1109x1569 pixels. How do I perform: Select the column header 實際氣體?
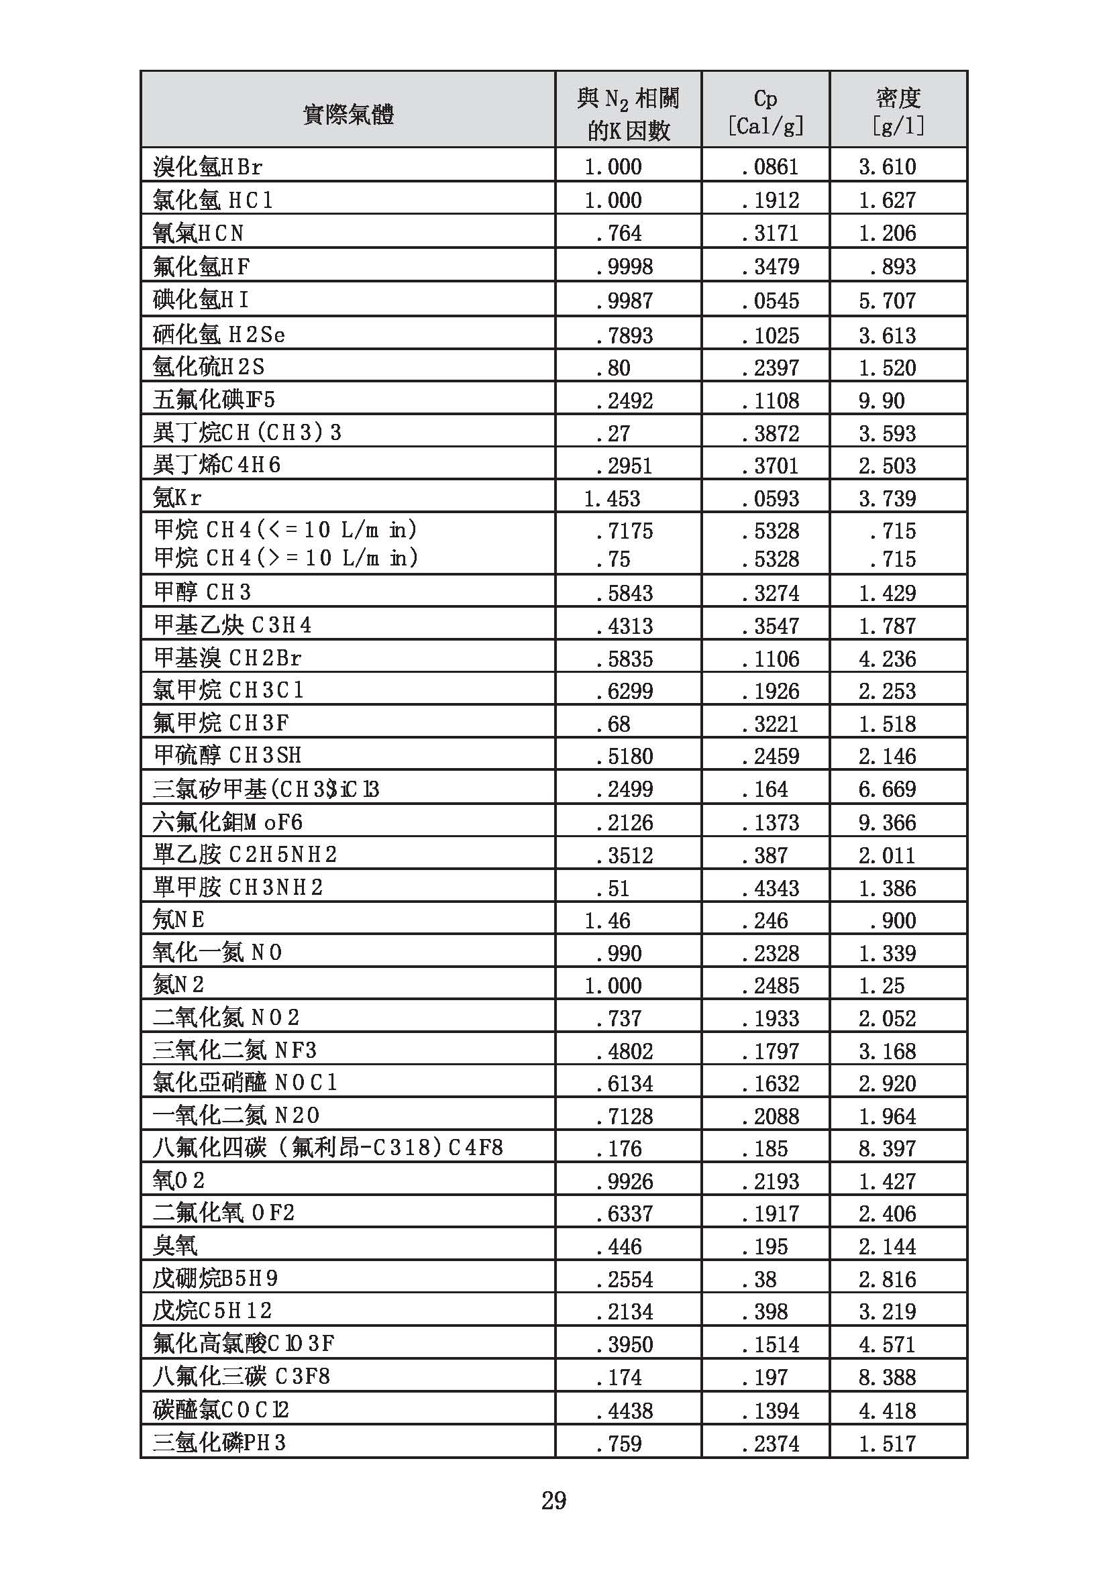pyautogui.click(x=348, y=113)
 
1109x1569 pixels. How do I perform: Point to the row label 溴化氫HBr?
pyautogui.click(x=208, y=166)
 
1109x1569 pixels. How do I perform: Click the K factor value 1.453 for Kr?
pyautogui.click(x=613, y=498)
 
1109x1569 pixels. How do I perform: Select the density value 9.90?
pyautogui.click(x=882, y=400)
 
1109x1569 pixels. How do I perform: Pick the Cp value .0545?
pyautogui.click(x=770, y=301)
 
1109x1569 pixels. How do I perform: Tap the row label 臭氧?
pyautogui.click(x=175, y=1246)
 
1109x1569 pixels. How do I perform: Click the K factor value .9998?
pyautogui.click(x=624, y=266)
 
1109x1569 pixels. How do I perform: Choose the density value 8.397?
pyautogui.click(x=887, y=1148)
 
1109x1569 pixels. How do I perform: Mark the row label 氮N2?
pyautogui.click(x=178, y=985)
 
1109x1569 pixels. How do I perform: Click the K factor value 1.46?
pyautogui.click(x=606, y=920)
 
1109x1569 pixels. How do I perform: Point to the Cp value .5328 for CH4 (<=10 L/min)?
pyautogui.click(x=770, y=531)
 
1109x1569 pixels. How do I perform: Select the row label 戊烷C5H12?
pyautogui.click(x=213, y=1311)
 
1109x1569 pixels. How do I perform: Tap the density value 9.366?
pyautogui.click(x=887, y=822)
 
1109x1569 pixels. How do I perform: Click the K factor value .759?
pyautogui.click(x=619, y=1443)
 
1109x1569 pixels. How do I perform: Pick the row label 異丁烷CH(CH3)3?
pyautogui.click(x=248, y=433)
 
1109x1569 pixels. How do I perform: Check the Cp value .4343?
pyautogui.click(x=770, y=887)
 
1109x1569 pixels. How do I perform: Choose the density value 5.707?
pyautogui.click(x=887, y=301)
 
